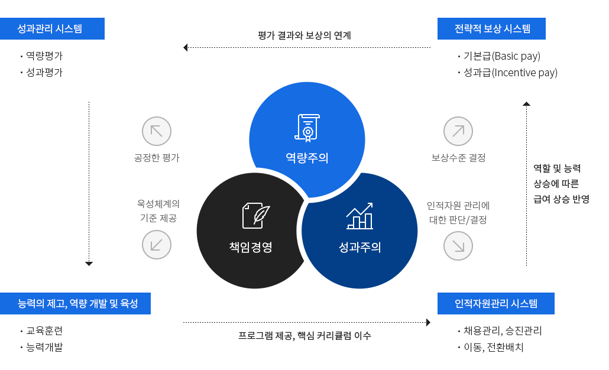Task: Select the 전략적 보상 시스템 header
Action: pos(491,29)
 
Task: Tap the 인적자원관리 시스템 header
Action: pos(496,304)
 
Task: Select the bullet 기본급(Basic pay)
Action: pos(501,56)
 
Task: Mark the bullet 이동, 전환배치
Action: pos(494,347)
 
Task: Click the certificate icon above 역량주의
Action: pos(307,128)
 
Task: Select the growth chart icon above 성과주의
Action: pos(359,216)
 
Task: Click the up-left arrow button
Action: pos(157,130)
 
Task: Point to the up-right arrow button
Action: pos(458,130)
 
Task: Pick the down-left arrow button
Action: pos(157,244)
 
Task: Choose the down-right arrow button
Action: pos(458,244)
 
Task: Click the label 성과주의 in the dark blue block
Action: pos(359,247)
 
